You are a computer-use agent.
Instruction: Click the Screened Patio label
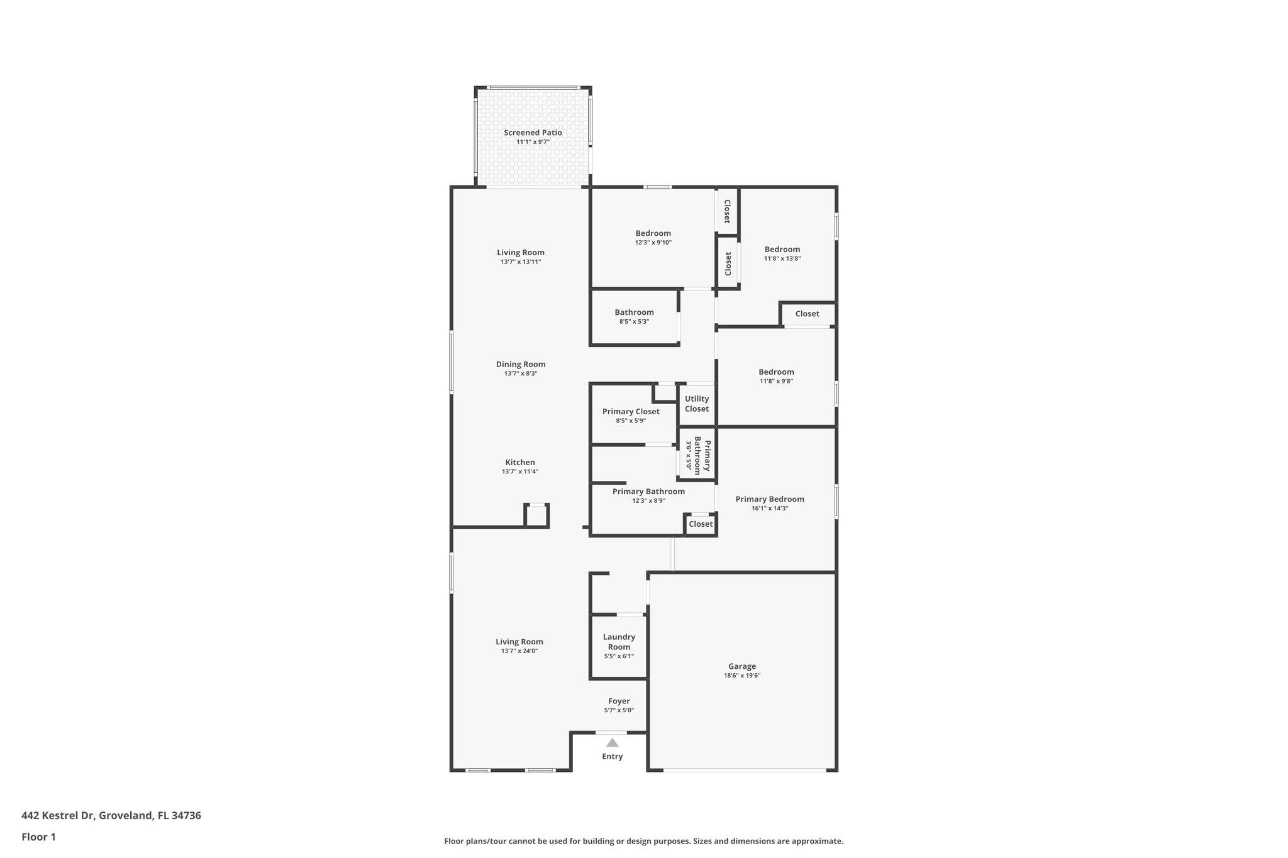pos(533,133)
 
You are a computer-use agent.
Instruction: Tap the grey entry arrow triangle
pos(612,742)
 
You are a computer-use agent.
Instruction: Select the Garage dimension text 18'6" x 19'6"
pos(742,676)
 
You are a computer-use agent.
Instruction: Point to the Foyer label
pos(619,701)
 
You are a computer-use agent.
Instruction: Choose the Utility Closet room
pos(697,404)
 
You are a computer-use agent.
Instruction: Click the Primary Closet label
pos(631,412)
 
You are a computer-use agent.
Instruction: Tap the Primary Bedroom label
pos(770,499)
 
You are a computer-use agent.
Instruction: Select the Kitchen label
pos(520,462)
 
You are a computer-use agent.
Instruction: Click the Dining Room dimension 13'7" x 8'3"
pos(521,373)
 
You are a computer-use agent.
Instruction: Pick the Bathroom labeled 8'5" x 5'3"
pos(634,316)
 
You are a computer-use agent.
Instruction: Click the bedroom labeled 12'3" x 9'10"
pos(653,237)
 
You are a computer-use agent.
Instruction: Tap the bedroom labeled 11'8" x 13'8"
pos(782,253)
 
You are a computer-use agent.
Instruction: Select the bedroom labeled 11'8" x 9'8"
pos(776,375)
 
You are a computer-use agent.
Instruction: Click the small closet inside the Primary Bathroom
pos(701,524)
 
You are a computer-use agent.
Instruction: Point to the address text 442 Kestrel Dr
pos(111,815)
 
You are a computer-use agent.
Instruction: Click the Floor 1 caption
pos(39,837)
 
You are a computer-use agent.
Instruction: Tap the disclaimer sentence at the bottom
pos(643,841)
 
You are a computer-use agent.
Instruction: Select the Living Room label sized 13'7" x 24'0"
pos(519,642)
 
